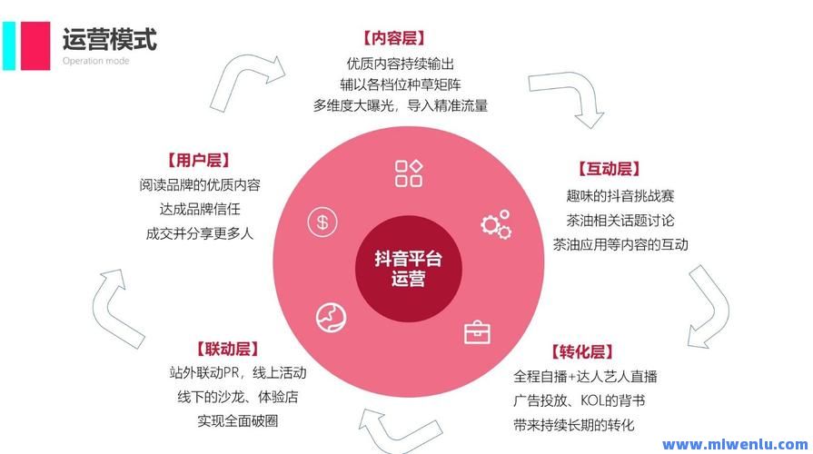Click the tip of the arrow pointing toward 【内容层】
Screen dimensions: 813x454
coord(285,73)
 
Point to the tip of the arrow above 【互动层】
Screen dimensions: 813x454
coord(590,128)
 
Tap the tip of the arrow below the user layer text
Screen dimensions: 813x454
coord(121,270)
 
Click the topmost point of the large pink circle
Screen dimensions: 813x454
coord(409,126)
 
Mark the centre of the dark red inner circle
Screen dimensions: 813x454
coord(409,269)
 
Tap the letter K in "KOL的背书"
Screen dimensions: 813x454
coord(584,400)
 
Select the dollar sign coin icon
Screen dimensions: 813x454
coord(322,222)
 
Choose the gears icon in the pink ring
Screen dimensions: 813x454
coord(496,224)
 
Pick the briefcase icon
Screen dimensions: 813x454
coord(477,332)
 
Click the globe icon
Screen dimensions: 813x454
coord(332,318)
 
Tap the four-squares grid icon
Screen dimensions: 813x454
coord(409,173)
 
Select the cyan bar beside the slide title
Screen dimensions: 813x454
coord(9,45)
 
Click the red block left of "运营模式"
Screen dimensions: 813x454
coord(35,45)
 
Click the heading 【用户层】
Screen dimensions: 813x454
coord(199,160)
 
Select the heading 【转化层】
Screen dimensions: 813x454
coord(582,352)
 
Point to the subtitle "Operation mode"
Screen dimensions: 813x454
coord(96,61)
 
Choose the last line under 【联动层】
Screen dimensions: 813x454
coord(238,420)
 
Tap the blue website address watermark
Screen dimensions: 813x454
coord(735,444)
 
